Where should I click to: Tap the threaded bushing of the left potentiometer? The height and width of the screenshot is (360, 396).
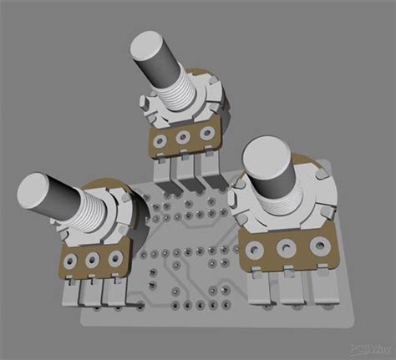pos(84,210)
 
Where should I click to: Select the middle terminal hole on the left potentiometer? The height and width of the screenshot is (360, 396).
pos(92,261)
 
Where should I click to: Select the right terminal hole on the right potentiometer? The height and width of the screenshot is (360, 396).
pos(318,246)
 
